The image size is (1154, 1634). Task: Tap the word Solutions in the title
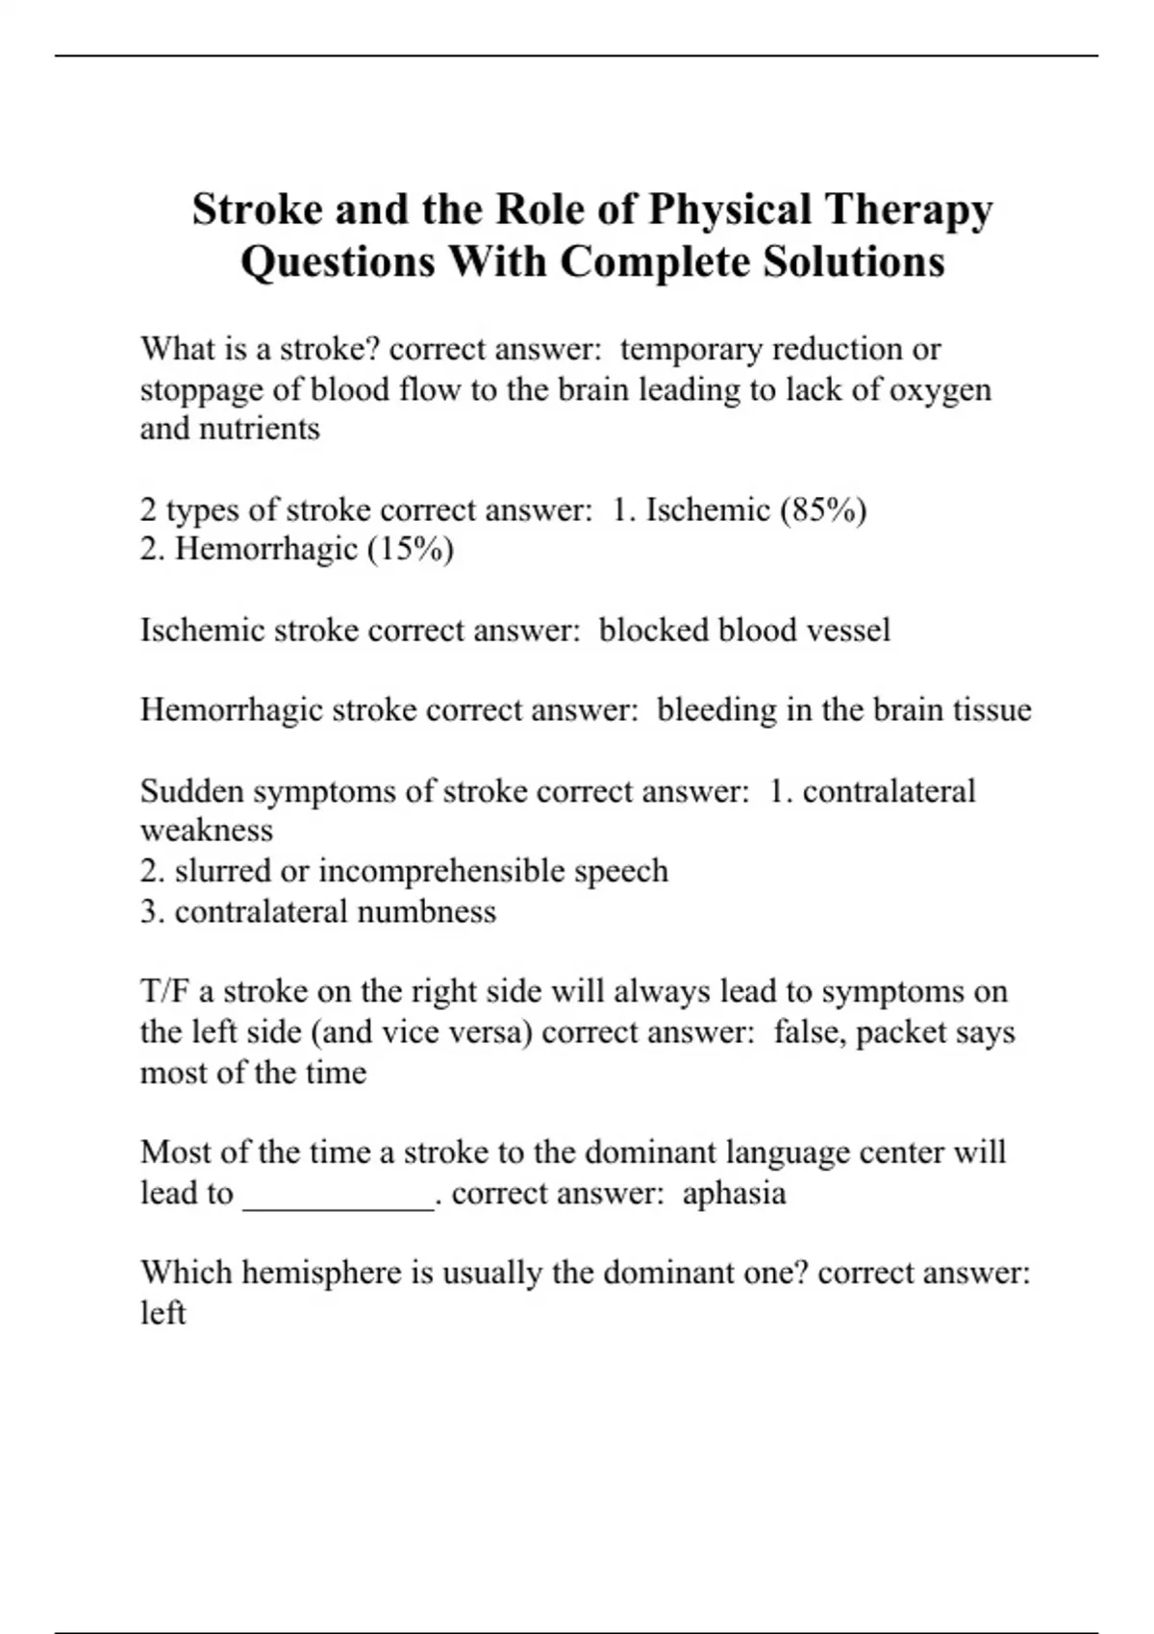[x=854, y=261]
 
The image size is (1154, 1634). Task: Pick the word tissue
[x=991, y=710]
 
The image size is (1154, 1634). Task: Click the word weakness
[x=207, y=830]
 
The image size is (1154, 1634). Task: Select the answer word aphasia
[x=734, y=1193]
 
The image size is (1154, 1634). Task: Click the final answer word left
[x=163, y=1313]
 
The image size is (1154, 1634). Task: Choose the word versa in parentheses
[x=494, y=1032]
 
